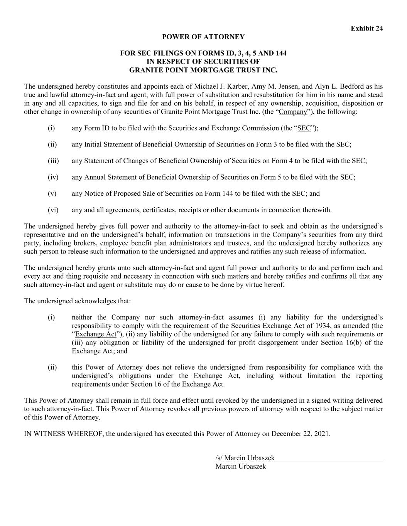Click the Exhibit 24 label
point(366,29)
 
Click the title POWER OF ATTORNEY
point(203,37)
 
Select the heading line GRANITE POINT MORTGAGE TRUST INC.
point(203,70)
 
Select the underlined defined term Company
point(293,112)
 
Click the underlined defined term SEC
point(304,128)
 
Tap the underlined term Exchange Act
point(96,334)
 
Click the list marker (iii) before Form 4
point(53,161)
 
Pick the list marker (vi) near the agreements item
point(53,210)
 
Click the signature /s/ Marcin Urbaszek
point(245,458)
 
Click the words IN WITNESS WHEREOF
point(64,434)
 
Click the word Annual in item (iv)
point(95,177)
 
